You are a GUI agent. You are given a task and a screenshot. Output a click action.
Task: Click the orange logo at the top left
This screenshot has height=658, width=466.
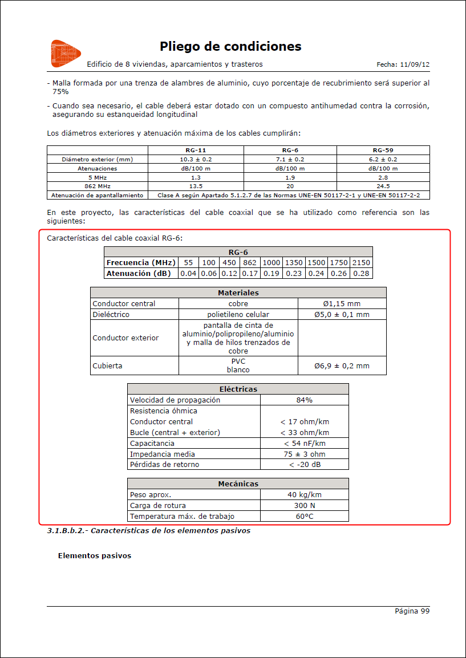(62, 53)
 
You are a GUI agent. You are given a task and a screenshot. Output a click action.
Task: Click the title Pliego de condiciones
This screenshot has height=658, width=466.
(230, 46)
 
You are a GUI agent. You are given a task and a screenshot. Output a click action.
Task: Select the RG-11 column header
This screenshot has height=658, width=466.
(196, 150)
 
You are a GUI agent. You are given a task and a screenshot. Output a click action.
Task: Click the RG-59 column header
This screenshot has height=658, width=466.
(383, 150)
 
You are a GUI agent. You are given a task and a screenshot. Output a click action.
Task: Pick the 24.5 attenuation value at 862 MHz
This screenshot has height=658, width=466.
(383, 186)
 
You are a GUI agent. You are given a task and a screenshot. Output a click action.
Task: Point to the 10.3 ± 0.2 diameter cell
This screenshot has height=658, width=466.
(196, 160)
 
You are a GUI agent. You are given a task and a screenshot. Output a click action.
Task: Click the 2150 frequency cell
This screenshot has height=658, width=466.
(360, 263)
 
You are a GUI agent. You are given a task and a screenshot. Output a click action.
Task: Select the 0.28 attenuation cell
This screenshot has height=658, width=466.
(360, 274)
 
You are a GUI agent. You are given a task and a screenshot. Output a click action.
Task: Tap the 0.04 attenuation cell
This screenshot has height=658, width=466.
(188, 274)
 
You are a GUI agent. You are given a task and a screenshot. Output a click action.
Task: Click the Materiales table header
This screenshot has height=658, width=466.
(238, 293)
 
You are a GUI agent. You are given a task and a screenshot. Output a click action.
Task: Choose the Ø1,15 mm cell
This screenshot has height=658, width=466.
(342, 304)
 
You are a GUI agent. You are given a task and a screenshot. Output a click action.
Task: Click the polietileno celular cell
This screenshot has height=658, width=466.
(238, 315)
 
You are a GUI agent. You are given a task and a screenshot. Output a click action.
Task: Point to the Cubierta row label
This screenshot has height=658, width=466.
(108, 365)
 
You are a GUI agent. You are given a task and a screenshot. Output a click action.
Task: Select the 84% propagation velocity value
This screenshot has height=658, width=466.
(304, 400)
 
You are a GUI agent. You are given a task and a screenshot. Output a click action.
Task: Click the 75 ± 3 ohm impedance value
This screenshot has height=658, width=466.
(304, 454)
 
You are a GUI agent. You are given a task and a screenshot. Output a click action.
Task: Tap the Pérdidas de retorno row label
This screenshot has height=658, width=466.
(165, 465)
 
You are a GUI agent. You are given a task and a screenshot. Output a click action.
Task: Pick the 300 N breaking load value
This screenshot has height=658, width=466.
(304, 506)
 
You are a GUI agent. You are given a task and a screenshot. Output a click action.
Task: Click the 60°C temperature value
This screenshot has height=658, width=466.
(304, 517)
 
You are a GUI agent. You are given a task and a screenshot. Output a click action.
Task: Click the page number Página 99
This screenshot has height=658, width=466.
(412, 611)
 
